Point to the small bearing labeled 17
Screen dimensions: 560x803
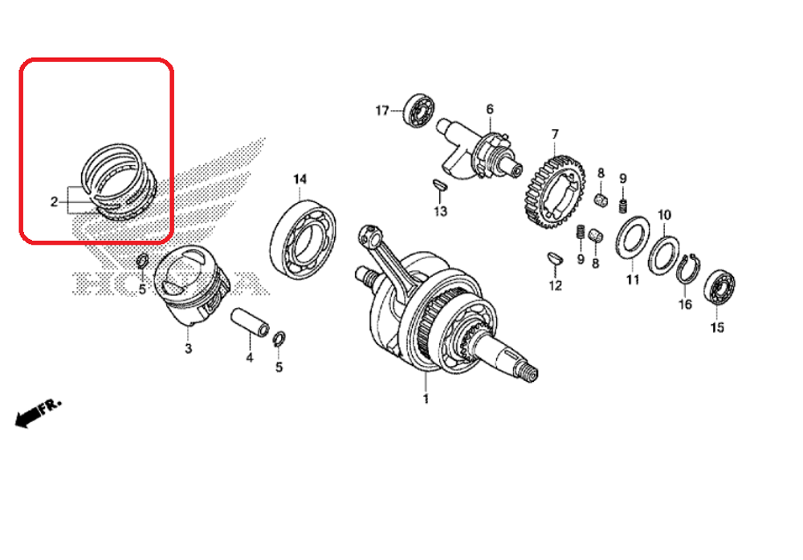(419, 109)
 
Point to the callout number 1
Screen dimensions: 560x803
(426, 399)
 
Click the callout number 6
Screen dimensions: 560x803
(489, 109)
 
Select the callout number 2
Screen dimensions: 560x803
(55, 201)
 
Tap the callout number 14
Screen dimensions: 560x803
(300, 177)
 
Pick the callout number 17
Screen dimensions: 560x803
(382, 109)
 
